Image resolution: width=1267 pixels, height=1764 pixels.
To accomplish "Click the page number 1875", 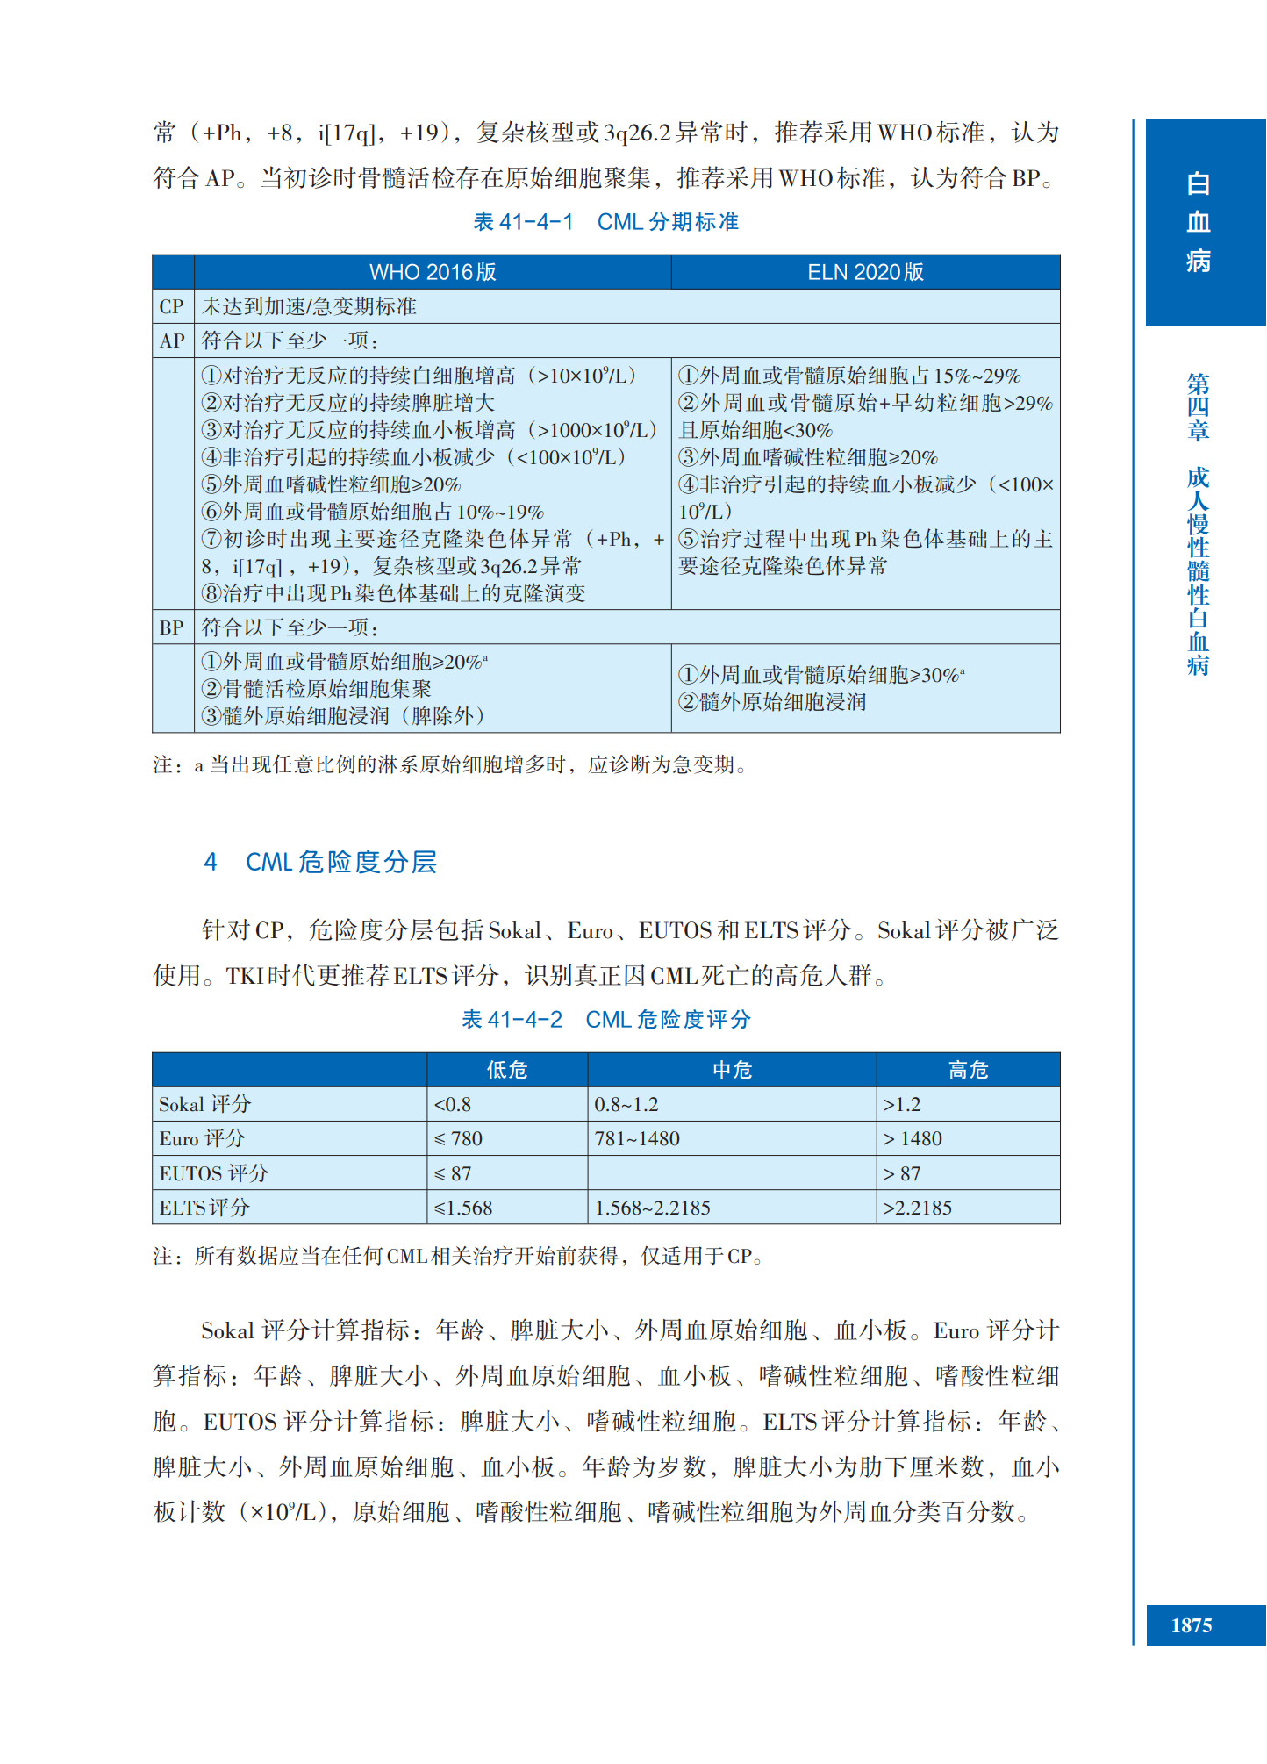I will click(1191, 1625).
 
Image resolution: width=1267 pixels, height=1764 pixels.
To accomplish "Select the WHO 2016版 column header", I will click(433, 272).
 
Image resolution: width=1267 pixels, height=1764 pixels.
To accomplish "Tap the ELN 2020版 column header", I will click(865, 272).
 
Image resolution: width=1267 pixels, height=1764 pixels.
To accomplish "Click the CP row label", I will click(172, 306).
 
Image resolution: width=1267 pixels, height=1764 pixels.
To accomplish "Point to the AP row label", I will click(172, 341).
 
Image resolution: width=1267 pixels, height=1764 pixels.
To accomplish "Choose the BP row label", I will click(172, 627).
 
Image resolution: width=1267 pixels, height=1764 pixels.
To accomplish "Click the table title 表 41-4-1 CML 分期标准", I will click(605, 222).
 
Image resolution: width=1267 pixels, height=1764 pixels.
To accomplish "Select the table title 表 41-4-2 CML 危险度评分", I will click(605, 1020).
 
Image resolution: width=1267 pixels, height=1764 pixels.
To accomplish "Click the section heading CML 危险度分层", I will click(340, 862).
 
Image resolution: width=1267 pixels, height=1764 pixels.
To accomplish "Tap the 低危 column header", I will click(507, 1070).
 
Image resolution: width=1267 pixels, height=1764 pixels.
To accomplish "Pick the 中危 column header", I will click(732, 1070).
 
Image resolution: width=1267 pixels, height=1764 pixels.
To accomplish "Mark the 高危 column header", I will click(968, 1070).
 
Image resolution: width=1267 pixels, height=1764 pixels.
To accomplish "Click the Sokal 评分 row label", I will click(204, 1104).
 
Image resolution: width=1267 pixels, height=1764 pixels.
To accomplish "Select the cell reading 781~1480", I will click(637, 1138).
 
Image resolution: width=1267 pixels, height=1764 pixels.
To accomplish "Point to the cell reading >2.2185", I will click(917, 1208).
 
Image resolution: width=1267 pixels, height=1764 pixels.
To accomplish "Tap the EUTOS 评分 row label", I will click(213, 1173).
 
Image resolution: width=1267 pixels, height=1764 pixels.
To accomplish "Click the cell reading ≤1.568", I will click(463, 1208).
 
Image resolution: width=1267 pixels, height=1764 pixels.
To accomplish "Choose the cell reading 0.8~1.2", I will click(626, 1104).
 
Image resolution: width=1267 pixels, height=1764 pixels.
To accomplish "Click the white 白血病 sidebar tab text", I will click(1198, 222).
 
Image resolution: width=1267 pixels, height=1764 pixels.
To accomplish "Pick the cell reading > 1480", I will click(913, 1138).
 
